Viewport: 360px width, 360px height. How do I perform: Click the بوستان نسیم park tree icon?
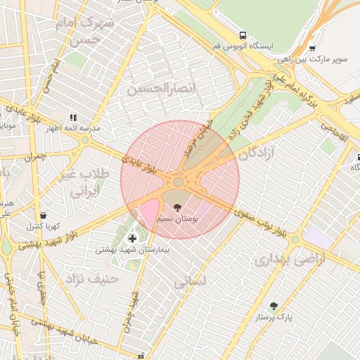tap(177, 207)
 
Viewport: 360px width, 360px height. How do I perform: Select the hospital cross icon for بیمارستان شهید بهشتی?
tap(132, 239)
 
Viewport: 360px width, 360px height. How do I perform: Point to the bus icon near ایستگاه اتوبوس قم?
tap(243, 35)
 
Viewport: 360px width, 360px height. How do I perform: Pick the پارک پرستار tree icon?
tap(274, 306)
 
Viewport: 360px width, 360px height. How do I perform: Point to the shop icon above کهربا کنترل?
tap(44, 215)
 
